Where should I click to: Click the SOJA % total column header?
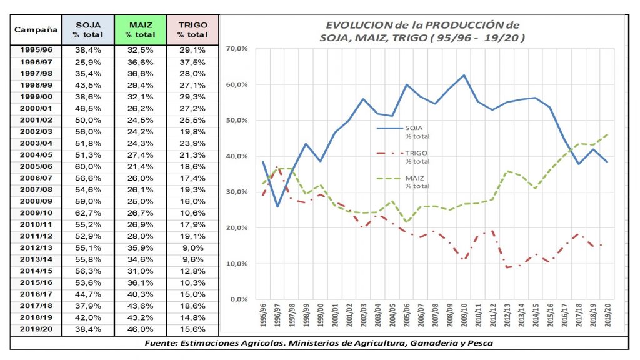[88, 29]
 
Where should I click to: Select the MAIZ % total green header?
[141, 29]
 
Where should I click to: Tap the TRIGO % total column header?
[193, 29]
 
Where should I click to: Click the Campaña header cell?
[36, 29]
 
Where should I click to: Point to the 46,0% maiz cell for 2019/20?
[141, 329]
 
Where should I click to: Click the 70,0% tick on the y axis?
[239, 49]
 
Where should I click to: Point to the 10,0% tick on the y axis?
[239, 264]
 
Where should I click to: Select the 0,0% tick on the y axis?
[241, 299]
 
